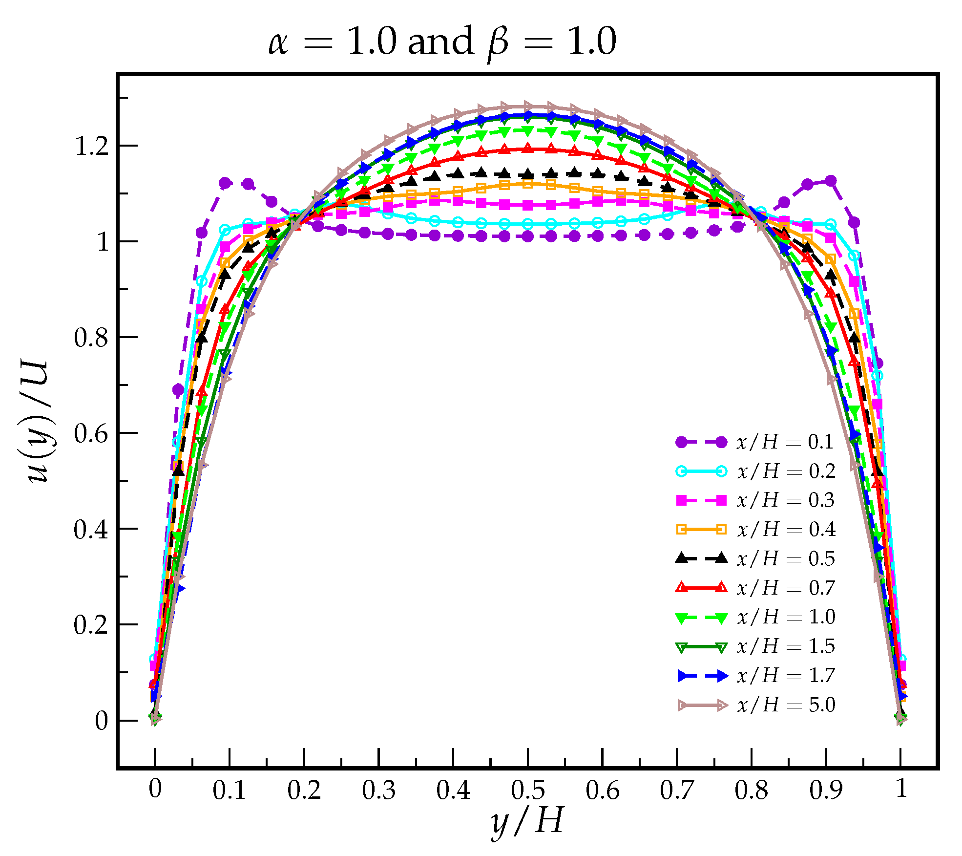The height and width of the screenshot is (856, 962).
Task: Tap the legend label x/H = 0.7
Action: coord(786,588)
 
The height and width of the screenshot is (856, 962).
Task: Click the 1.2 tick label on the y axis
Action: coord(91,146)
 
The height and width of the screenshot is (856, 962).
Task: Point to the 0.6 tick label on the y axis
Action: coord(91,433)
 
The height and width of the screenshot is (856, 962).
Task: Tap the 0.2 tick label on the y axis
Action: coord(91,625)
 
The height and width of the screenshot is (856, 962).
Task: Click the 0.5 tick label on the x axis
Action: coord(528,790)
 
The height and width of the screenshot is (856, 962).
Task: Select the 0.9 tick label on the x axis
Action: coord(826,790)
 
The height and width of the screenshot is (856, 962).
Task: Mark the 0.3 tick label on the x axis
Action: coord(378,790)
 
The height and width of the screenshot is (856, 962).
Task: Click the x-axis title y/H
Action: coord(528,821)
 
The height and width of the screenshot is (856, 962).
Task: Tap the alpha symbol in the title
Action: coord(279,43)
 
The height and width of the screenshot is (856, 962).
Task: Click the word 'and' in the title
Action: coord(440,42)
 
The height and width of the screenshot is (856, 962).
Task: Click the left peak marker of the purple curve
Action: coord(225,183)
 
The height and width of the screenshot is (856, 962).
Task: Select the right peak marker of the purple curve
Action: coord(830,181)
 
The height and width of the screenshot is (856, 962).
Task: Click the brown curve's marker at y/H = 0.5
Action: coord(528,106)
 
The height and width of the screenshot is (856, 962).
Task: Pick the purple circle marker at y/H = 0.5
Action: coord(528,236)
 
